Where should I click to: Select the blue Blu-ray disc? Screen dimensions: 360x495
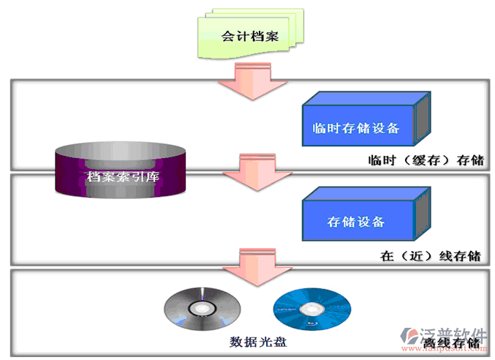coord(311,309)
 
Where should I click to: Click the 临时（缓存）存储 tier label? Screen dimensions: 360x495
coord(428,160)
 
